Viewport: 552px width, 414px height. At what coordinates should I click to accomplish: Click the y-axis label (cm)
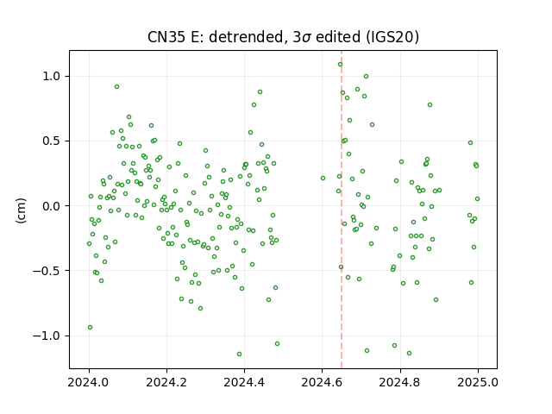[x=21, y=210]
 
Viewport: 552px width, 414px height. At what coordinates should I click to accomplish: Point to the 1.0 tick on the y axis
[x=53, y=76]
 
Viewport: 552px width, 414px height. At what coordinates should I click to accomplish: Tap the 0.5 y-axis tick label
[x=53, y=141]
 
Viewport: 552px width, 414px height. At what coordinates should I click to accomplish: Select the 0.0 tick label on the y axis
[x=53, y=206]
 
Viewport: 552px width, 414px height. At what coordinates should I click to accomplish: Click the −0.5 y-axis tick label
[x=48, y=271]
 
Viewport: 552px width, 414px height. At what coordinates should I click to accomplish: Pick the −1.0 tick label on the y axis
[x=48, y=336]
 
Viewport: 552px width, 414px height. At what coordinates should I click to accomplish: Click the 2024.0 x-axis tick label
[x=89, y=382]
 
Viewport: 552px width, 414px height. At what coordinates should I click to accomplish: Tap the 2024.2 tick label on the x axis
[x=166, y=382]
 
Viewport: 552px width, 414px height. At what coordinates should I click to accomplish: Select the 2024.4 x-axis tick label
[x=245, y=382]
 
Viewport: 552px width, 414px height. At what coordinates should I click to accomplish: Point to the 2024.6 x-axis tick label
[x=322, y=382]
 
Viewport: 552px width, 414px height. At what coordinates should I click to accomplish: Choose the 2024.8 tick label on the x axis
[x=400, y=382]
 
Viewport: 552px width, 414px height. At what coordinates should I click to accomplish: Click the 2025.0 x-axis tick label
[x=478, y=382]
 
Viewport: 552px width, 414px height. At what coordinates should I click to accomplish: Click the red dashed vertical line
[x=342, y=210]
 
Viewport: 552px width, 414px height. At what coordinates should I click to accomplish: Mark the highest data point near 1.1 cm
[x=340, y=65]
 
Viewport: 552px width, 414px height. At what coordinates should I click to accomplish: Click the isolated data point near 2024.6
[x=323, y=179]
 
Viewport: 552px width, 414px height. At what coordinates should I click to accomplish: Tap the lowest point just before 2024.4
[x=240, y=354]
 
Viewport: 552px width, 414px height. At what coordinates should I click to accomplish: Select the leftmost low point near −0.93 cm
[x=90, y=328]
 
